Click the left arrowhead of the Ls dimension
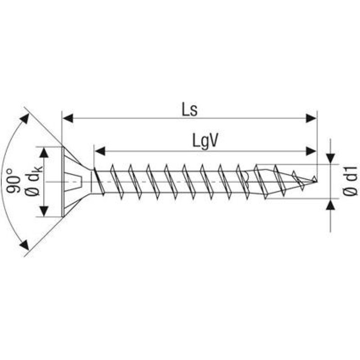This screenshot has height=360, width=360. point(67,118)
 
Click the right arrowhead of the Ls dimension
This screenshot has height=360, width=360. point(311,118)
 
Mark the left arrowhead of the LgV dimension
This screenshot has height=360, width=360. point(99,151)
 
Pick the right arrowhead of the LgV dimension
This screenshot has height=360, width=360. point(311,151)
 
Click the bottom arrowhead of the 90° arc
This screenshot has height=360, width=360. point(24,245)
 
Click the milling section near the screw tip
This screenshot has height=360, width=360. point(263,181)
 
